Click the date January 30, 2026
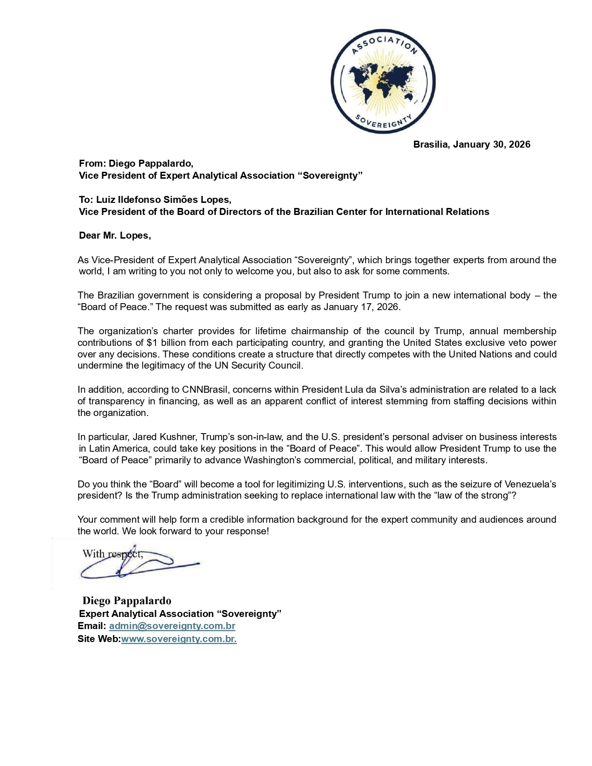point(492,144)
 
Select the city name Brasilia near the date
point(431,144)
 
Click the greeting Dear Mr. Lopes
point(115,235)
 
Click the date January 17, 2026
point(361,307)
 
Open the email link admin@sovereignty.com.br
point(172,626)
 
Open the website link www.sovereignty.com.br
point(179,639)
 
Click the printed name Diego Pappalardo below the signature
point(127,601)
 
